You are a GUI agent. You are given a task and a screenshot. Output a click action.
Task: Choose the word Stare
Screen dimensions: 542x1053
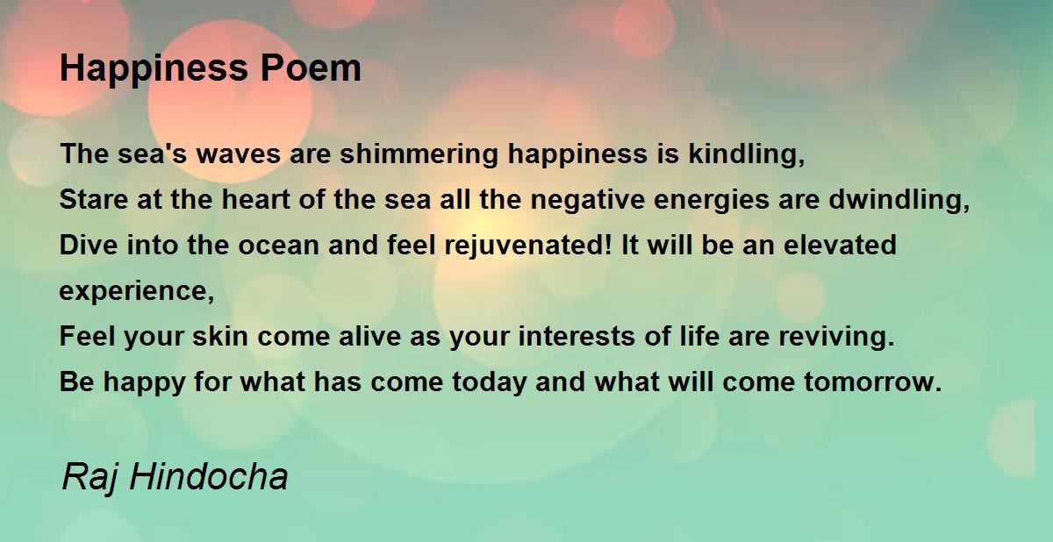click(x=90, y=200)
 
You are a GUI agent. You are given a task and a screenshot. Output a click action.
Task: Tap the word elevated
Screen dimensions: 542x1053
click(x=840, y=246)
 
